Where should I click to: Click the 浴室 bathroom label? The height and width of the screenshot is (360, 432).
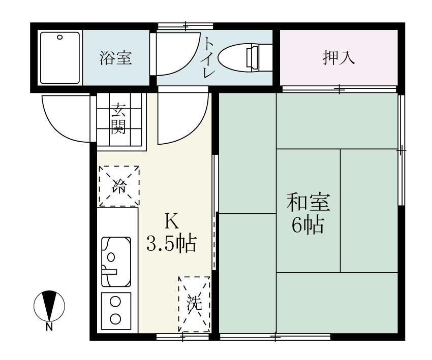coord(116,58)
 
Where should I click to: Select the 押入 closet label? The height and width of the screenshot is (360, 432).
coord(338,57)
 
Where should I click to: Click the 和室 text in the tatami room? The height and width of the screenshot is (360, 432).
coord(308,202)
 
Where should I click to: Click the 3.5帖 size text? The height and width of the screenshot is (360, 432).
coord(171,244)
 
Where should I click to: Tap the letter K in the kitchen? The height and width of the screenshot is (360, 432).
coord(171,222)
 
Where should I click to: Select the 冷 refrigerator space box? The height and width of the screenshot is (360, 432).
coord(118,186)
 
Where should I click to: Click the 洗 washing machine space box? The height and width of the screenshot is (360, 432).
coord(194,304)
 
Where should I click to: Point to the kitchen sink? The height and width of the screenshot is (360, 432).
coord(116,261)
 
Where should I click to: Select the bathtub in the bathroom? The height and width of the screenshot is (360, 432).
coord(60,57)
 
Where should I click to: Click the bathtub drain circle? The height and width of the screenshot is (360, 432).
coord(60,37)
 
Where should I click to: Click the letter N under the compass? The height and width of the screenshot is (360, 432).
coord(49,327)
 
